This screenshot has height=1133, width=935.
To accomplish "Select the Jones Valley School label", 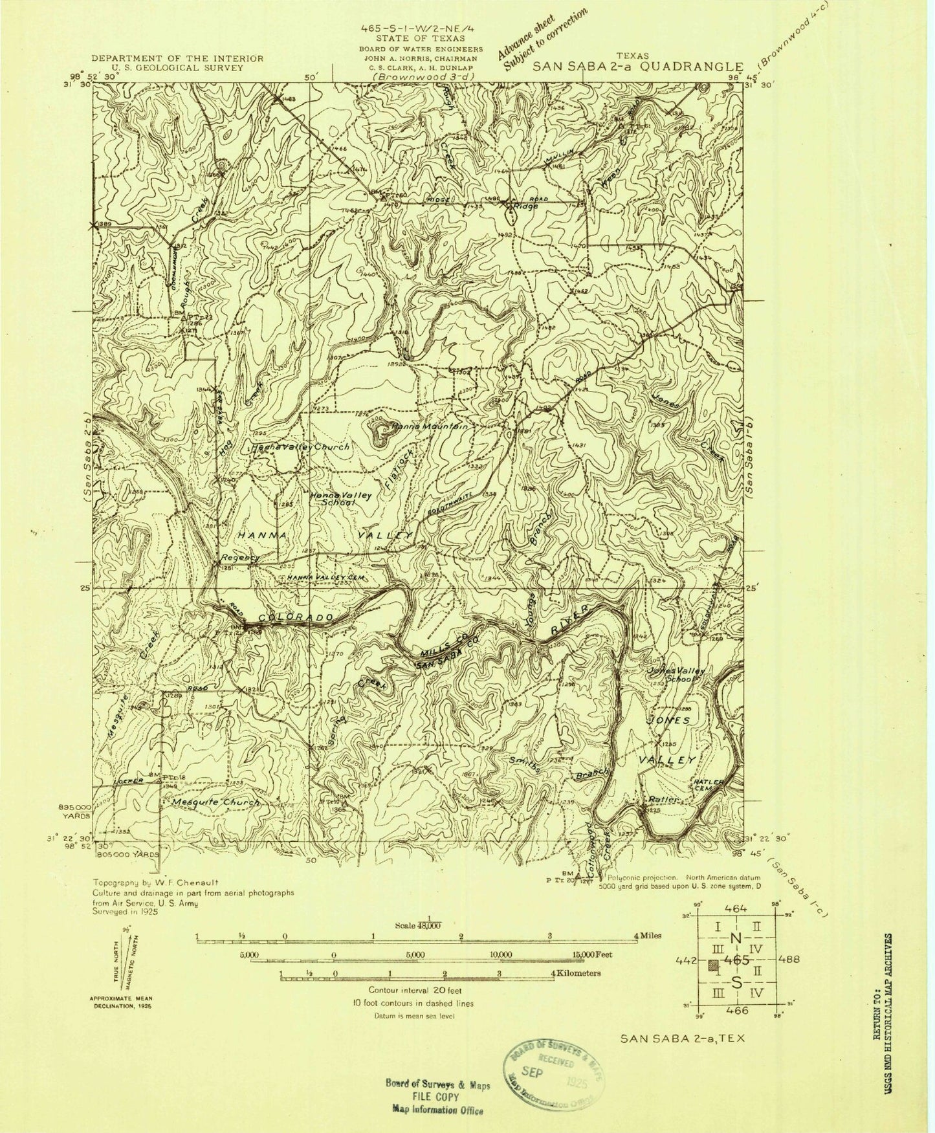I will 676,675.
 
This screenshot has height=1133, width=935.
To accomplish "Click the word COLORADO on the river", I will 296,619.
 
